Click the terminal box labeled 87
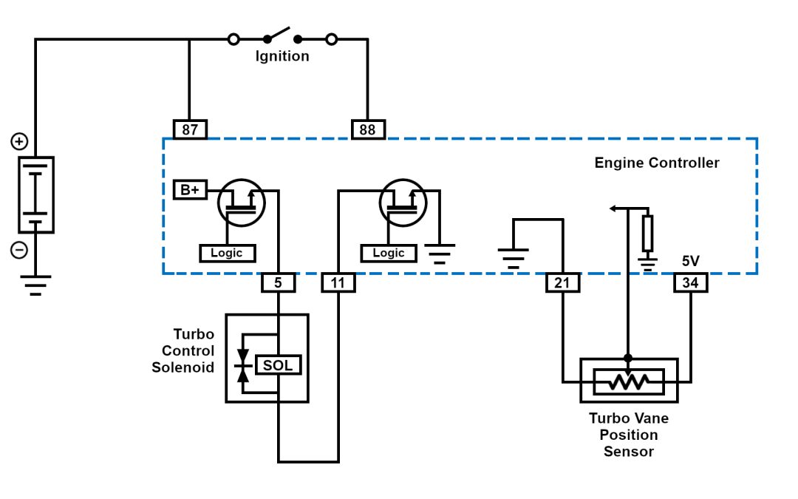190,130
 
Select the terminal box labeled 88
367,130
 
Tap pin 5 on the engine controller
278,282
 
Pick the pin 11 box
338,282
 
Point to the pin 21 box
563,282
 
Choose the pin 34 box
691,282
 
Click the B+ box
189,190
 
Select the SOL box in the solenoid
279,365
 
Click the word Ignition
282,57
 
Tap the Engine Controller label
656,163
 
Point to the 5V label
690,262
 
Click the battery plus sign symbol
20,141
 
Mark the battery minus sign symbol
20,251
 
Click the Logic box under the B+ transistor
228,253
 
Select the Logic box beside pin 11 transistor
389,253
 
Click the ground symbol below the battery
35,285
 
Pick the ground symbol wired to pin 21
514,258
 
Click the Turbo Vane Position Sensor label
628,435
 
